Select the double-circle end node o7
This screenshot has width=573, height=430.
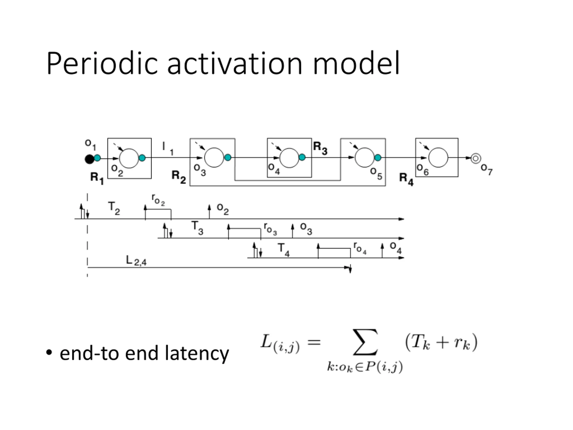point(476,158)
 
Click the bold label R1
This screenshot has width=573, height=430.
point(97,178)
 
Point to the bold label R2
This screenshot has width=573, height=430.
point(179,177)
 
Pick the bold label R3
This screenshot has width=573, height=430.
point(320,148)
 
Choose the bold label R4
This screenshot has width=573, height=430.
point(406,179)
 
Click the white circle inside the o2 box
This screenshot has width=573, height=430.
point(129,158)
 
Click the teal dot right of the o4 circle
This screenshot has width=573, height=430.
point(302,157)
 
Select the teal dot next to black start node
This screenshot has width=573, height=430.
point(97,158)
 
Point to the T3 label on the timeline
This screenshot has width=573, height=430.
point(197,228)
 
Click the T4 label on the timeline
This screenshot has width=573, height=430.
point(284,250)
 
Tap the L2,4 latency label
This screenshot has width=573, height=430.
point(136,261)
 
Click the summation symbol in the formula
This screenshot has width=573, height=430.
point(365,342)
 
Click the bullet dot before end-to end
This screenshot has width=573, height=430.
point(49,353)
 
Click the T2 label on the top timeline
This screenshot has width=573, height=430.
point(114,208)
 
